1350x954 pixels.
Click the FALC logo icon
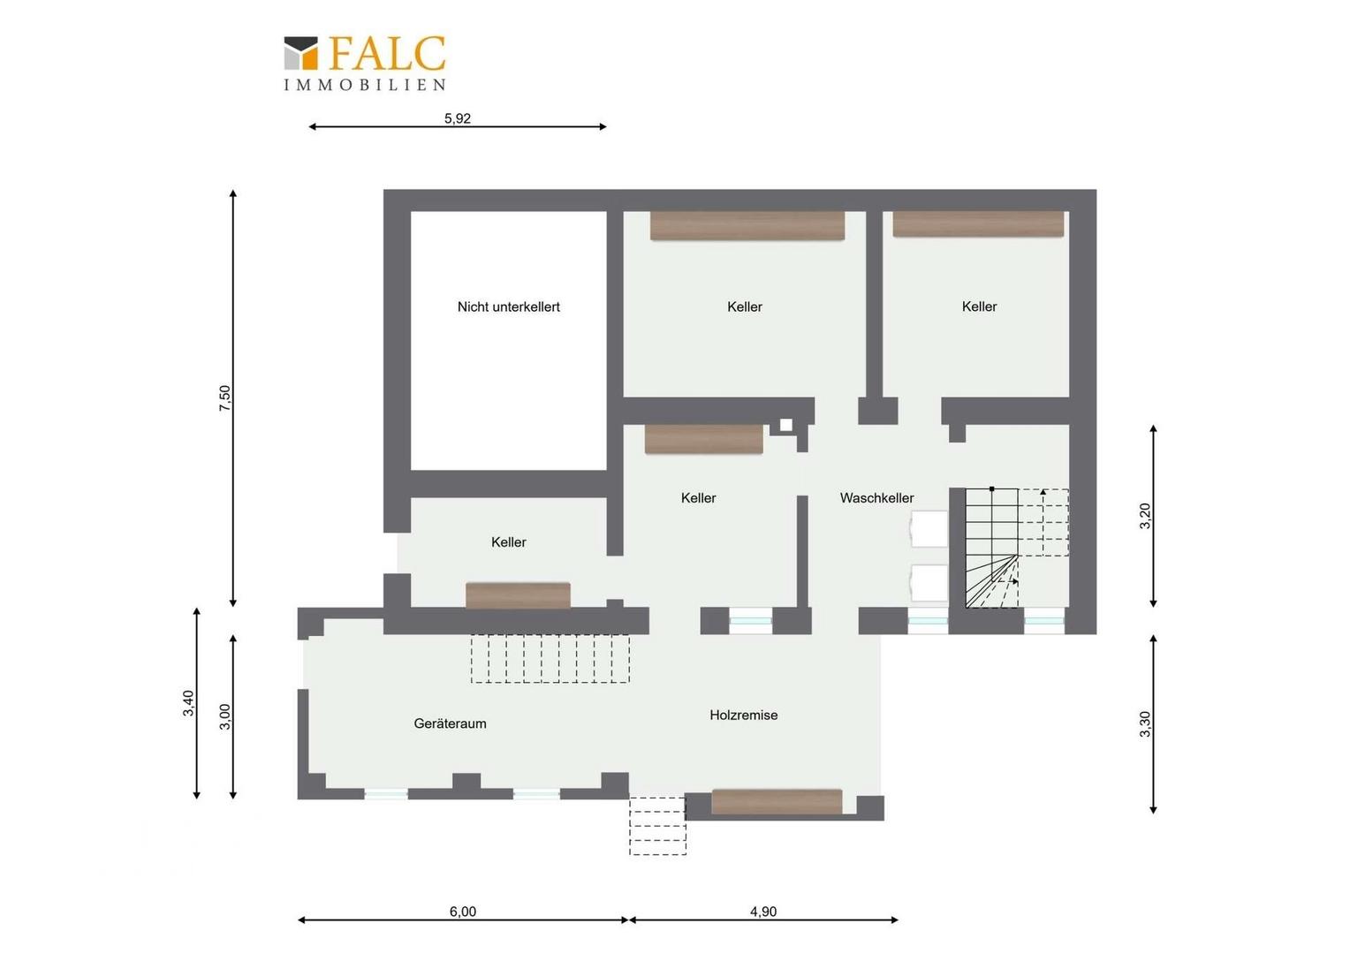point(300,53)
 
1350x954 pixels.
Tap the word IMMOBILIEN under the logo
point(365,85)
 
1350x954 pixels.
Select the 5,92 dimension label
point(458,118)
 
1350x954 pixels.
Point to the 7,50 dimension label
point(224,398)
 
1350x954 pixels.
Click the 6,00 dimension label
point(463,912)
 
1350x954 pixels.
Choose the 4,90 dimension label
point(763,912)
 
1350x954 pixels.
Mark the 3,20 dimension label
point(1145,516)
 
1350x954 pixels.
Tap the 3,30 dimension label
point(1145,724)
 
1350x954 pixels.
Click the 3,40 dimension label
point(189,703)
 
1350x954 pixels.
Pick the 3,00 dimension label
point(224,716)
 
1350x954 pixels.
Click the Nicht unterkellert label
point(509,307)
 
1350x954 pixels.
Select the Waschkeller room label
point(877,498)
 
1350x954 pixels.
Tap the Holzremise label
point(744,715)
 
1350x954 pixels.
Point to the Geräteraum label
point(451,723)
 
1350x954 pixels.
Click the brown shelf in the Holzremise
point(777,801)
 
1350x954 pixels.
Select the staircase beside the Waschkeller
point(1017,548)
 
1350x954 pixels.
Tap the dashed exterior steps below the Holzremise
point(657,826)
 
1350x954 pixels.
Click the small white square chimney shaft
point(786,425)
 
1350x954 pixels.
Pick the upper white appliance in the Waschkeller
point(929,529)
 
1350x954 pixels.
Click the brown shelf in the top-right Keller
point(978,224)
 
